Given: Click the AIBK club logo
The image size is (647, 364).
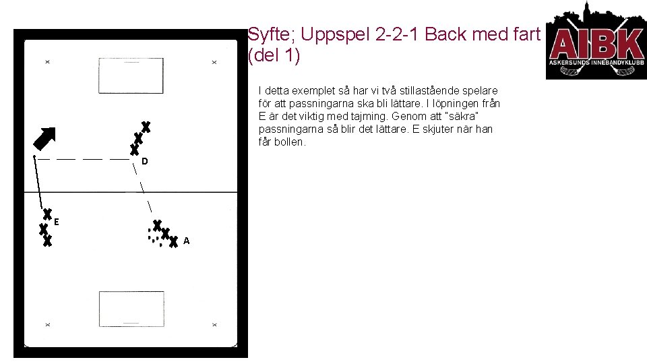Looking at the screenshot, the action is point(596,40).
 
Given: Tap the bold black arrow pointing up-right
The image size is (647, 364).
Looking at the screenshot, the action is point(45,140).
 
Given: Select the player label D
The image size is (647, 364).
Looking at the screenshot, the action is point(145,162).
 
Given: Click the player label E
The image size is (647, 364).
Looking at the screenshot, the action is point(57,221).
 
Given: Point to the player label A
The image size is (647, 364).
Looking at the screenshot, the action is point(186,241).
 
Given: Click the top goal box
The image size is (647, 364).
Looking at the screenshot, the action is point(131,75).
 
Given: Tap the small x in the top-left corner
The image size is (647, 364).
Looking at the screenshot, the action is point(47,62).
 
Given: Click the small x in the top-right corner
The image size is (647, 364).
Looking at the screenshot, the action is point(214,62).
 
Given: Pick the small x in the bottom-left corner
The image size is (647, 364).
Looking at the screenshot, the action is point(47,325).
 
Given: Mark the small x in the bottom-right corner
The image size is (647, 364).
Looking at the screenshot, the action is point(214,325).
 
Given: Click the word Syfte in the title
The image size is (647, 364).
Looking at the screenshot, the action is point(266,34).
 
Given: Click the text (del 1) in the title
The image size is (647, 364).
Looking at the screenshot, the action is point(274,55).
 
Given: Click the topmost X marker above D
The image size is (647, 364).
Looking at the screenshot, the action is point(146,127).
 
